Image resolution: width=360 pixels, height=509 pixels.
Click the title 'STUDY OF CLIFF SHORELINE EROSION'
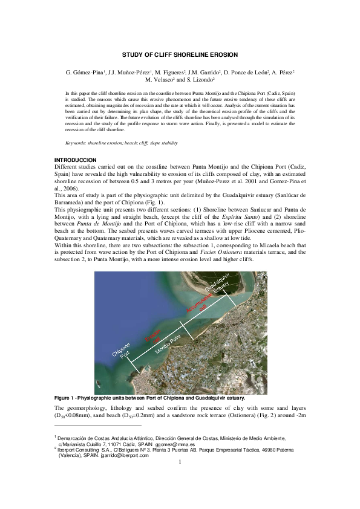[x=180, y=54]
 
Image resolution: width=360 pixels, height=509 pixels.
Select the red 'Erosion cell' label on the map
[x=152, y=336]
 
